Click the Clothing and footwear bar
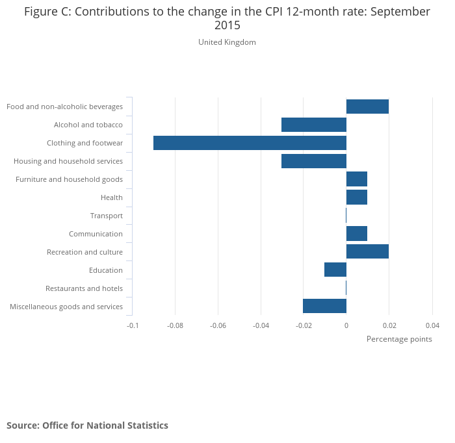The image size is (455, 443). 250,143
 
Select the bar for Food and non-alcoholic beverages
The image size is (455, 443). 367,107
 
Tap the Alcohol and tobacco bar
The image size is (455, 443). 314,125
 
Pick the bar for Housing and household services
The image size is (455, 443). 314,161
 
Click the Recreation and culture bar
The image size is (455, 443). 367,252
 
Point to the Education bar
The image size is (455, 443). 335,270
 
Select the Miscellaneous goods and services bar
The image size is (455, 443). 324,307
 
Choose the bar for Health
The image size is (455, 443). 357,197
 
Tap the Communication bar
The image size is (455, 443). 357,234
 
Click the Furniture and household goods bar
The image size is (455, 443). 357,179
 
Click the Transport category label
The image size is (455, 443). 107,216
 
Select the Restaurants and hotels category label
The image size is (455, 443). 84,288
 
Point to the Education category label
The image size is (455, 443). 106,270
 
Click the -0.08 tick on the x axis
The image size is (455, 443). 175,325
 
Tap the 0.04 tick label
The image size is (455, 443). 432,325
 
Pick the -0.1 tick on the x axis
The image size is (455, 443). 133,325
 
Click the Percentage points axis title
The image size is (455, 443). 399,339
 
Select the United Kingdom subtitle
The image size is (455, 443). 227,42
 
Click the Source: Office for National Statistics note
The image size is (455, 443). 87,425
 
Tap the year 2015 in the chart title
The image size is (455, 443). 227,26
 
